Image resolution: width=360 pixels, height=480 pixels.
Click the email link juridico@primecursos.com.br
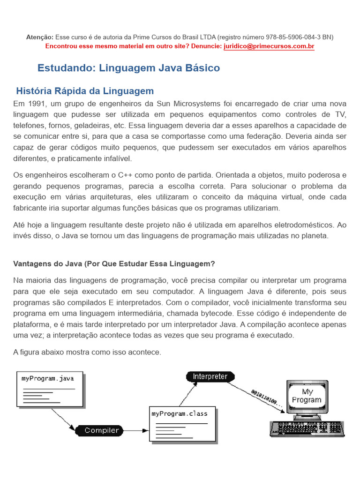coord(269,46)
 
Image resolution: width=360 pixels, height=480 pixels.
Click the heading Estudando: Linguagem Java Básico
coord(128,68)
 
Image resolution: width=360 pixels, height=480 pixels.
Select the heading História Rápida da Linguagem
coord(85,91)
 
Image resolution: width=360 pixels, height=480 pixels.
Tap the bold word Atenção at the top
coord(39,37)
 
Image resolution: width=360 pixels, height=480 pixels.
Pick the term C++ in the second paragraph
coord(126,175)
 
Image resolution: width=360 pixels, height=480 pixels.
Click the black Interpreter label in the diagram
coord(210,376)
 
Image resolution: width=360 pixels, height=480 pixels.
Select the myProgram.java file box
coord(51,389)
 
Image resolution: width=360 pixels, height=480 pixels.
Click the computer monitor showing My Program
coord(307,397)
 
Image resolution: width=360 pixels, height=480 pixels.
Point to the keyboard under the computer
coord(307,428)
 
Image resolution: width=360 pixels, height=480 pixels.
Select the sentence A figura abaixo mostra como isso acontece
coord(87,352)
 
